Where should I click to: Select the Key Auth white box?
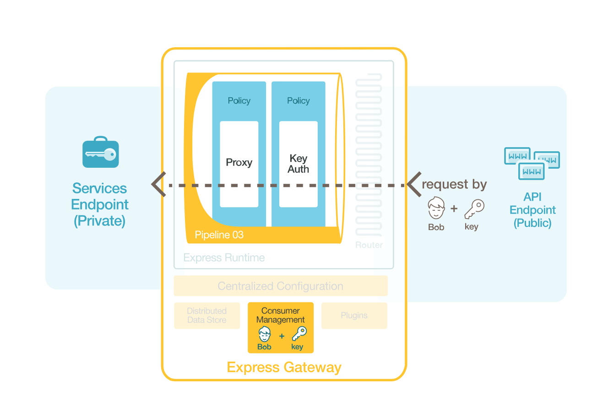299,164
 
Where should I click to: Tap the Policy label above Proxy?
239,101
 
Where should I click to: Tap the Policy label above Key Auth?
299,101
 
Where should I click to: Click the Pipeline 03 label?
219,235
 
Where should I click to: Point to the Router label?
369,245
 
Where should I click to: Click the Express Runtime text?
224,258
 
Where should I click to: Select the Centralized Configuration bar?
281,286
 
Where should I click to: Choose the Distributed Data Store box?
207,315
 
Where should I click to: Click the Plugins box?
354,315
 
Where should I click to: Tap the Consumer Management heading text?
281,315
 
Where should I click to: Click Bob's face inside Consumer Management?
265,334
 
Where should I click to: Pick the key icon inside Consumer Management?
299,334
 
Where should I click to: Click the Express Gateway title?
284,368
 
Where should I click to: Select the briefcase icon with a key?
101,153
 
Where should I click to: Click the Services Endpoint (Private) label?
100,204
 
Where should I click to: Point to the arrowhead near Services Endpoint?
158,185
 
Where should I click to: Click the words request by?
454,185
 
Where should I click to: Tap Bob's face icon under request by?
436,209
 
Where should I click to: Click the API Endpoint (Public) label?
532,210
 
